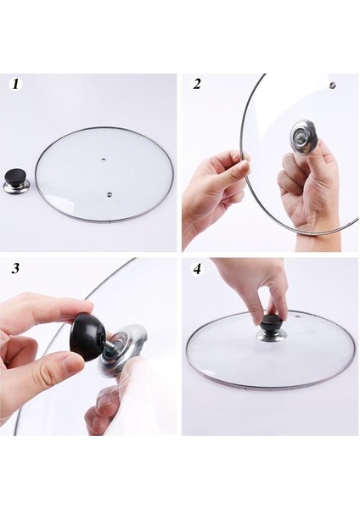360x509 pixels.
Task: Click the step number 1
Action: click(x=15, y=84)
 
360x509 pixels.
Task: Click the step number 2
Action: click(x=197, y=84)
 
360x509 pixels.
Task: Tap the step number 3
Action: click(x=15, y=268)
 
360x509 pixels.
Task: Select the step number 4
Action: click(x=197, y=269)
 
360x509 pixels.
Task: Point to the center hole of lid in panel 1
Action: click(x=104, y=160)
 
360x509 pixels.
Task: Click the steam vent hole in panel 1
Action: click(x=109, y=194)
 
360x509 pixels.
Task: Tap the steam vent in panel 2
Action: click(x=332, y=86)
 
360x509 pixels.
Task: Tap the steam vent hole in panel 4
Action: click(x=299, y=316)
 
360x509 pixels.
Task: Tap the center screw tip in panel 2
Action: click(x=299, y=137)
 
